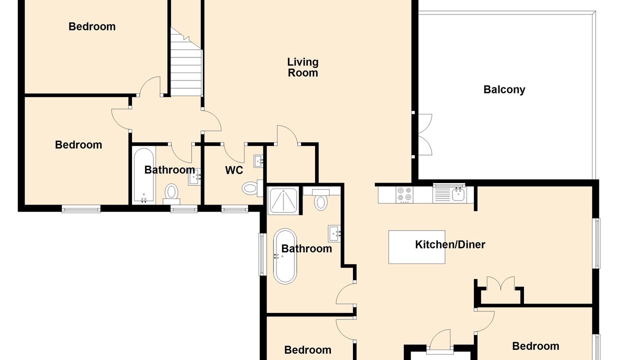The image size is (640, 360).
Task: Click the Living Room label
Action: click(x=302, y=67)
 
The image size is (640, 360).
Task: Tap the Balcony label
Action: click(x=504, y=89)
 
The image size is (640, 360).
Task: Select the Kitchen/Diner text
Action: click(x=450, y=244)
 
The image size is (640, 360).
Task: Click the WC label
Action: click(x=234, y=170)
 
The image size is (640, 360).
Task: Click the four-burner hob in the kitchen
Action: click(x=405, y=194)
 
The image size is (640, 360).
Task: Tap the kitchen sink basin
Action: click(x=459, y=194)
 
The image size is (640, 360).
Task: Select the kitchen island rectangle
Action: click(x=417, y=247)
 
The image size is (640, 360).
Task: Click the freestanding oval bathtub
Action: click(x=285, y=256)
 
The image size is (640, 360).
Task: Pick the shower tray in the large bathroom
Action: click(x=283, y=200)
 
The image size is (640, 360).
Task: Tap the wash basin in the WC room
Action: click(x=258, y=161)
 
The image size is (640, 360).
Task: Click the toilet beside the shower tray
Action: click(x=321, y=199)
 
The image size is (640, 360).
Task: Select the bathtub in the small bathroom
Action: click(x=144, y=175)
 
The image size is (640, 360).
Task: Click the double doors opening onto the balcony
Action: click(x=425, y=134)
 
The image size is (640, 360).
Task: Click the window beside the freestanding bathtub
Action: click(x=262, y=254)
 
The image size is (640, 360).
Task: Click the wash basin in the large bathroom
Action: click(x=334, y=233)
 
